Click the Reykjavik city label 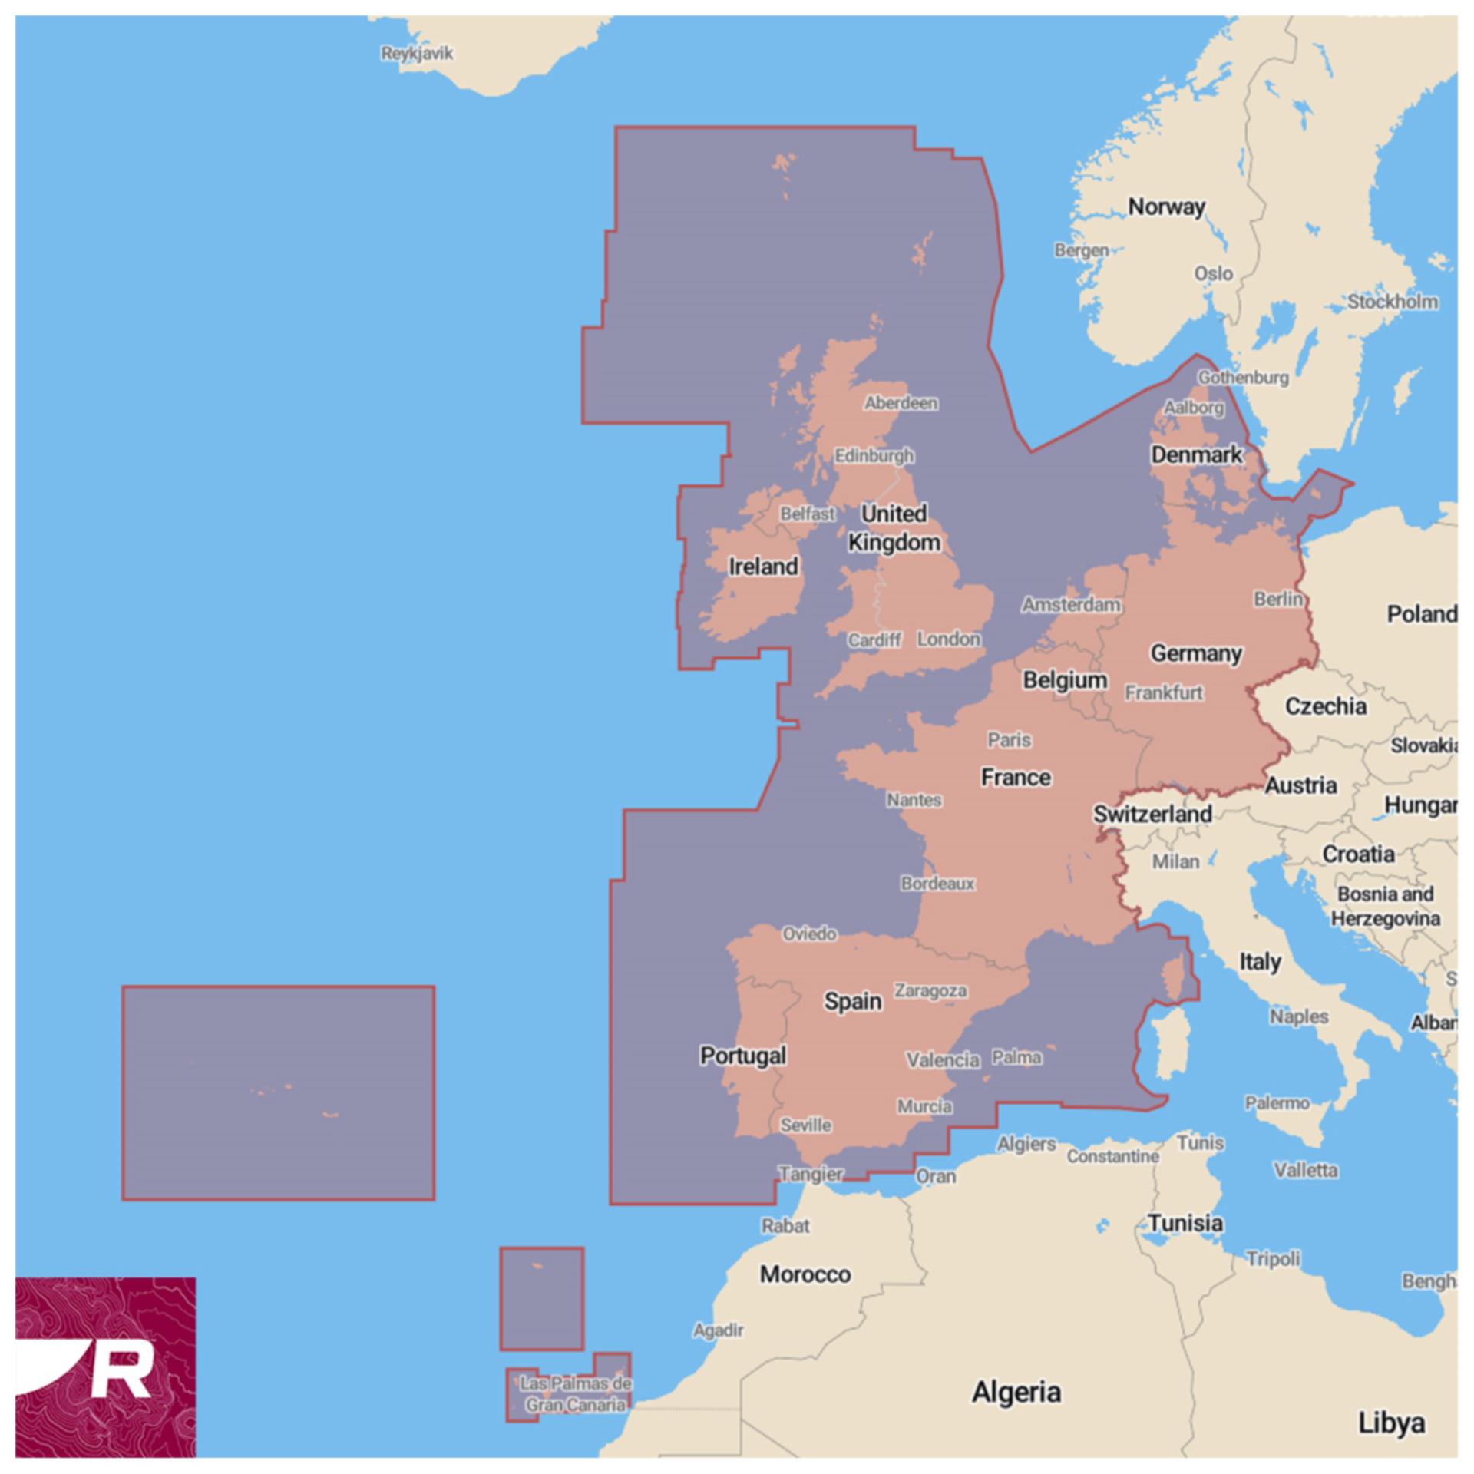coord(417,54)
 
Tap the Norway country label coord(1166,207)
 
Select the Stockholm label coord(1393,302)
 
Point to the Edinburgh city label coord(874,456)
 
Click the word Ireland coord(763,567)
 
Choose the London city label coord(948,639)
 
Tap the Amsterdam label coord(1070,605)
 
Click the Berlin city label coord(1278,599)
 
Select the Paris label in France coord(1009,740)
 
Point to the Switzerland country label coord(1152,815)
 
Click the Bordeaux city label coord(937,884)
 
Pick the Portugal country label coord(742,1056)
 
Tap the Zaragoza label coord(930,991)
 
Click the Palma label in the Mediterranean coord(1016,1057)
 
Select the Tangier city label coord(811,1174)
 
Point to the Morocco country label coord(805,1274)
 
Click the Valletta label coord(1305,1171)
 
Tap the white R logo coord(123,1370)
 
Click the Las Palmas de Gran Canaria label coord(575,1394)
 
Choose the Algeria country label coord(1016,1392)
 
